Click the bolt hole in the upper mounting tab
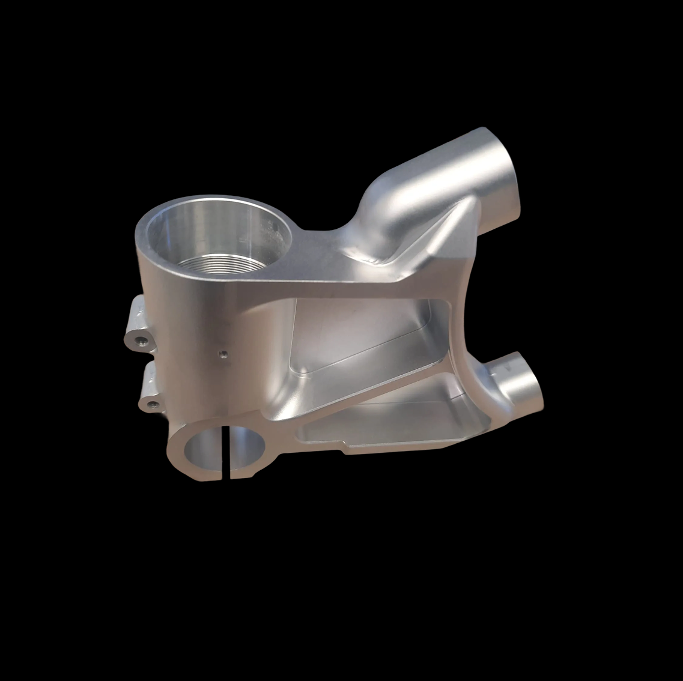click(x=142, y=342)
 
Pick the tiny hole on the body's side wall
click(x=222, y=354)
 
